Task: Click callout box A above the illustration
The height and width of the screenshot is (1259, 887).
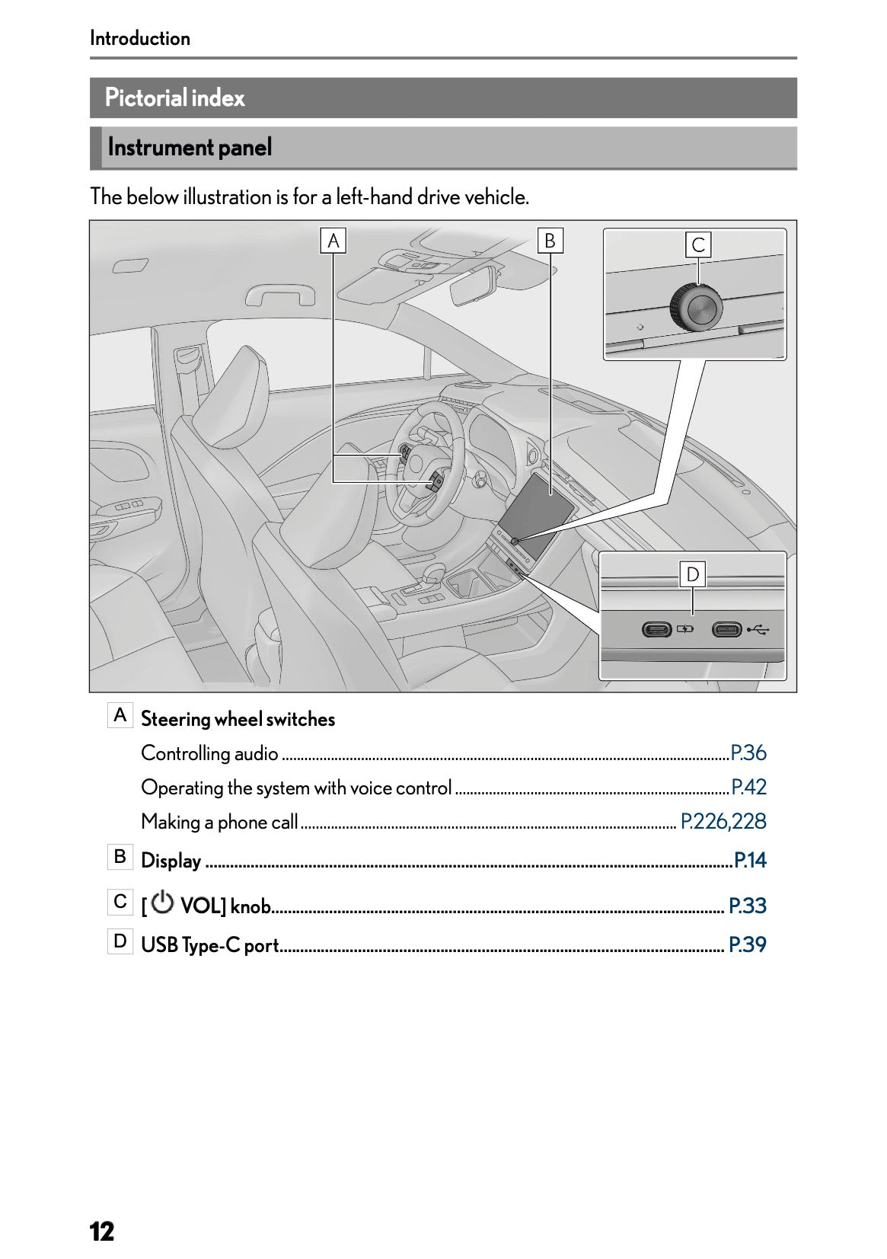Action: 333,241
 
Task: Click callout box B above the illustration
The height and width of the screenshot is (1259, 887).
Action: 550,241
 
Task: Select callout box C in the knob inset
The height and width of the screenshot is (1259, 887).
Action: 698,245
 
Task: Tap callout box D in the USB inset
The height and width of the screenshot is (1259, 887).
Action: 692,574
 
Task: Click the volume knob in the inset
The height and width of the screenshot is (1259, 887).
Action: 696,309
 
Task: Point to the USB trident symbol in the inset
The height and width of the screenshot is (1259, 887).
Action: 758,630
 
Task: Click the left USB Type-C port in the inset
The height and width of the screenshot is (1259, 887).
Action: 656,630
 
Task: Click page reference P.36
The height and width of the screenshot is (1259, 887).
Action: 748,753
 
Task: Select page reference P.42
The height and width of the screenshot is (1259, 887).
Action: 748,787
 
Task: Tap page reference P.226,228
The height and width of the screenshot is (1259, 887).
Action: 723,821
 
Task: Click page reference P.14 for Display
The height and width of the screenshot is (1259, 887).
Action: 750,861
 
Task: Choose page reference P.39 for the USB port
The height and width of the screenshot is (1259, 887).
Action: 748,944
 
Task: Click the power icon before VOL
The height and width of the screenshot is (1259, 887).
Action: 162,903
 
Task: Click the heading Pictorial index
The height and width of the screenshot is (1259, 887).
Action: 175,97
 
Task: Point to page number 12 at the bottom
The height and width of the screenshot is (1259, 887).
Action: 102,1231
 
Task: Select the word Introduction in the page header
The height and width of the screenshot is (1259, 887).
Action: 140,38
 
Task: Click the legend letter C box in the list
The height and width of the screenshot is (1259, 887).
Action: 120,902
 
